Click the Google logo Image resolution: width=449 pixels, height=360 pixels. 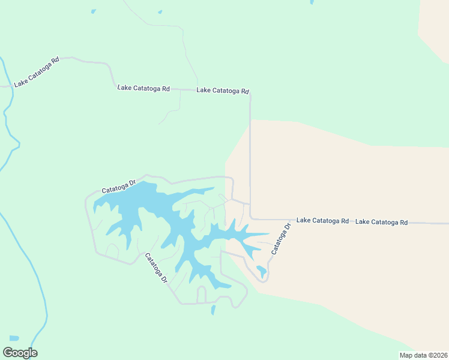pyautogui.click(x=20, y=353)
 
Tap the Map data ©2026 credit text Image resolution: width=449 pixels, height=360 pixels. pyautogui.click(x=423, y=355)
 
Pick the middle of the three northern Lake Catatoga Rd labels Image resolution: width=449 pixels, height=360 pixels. pyautogui.click(x=143, y=88)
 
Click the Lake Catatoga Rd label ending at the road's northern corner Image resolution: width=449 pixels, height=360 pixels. pyautogui.click(x=222, y=91)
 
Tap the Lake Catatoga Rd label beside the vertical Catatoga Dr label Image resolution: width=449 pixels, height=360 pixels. pyautogui.click(x=322, y=221)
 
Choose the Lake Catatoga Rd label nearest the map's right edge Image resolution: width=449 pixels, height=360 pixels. pyautogui.click(x=381, y=222)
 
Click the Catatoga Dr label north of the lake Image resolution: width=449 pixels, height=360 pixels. pyautogui.click(x=119, y=185)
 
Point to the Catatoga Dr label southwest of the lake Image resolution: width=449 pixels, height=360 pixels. pyautogui.click(x=155, y=268)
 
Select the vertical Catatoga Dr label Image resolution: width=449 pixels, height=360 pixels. pyautogui.click(x=280, y=238)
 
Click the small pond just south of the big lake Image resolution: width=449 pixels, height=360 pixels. pyautogui.click(x=212, y=310)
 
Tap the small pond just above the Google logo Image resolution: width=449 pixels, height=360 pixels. pyautogui.click(x=14, y=338)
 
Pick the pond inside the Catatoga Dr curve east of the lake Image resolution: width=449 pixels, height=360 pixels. pyautogui.click(x=261, y=270)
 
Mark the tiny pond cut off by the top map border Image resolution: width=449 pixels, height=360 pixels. pyautogui.click(x=312, y=2)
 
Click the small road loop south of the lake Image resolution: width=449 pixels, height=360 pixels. pyautogui.click(x=201, y=294)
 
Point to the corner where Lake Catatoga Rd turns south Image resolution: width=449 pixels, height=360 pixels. pyautogui.click(x=250, y=93)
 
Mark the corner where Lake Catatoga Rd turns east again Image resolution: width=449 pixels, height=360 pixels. pyautogui.click(x=251, y=218)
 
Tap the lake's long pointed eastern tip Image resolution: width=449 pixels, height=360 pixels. pyautogui.click(x=266, y=234)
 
